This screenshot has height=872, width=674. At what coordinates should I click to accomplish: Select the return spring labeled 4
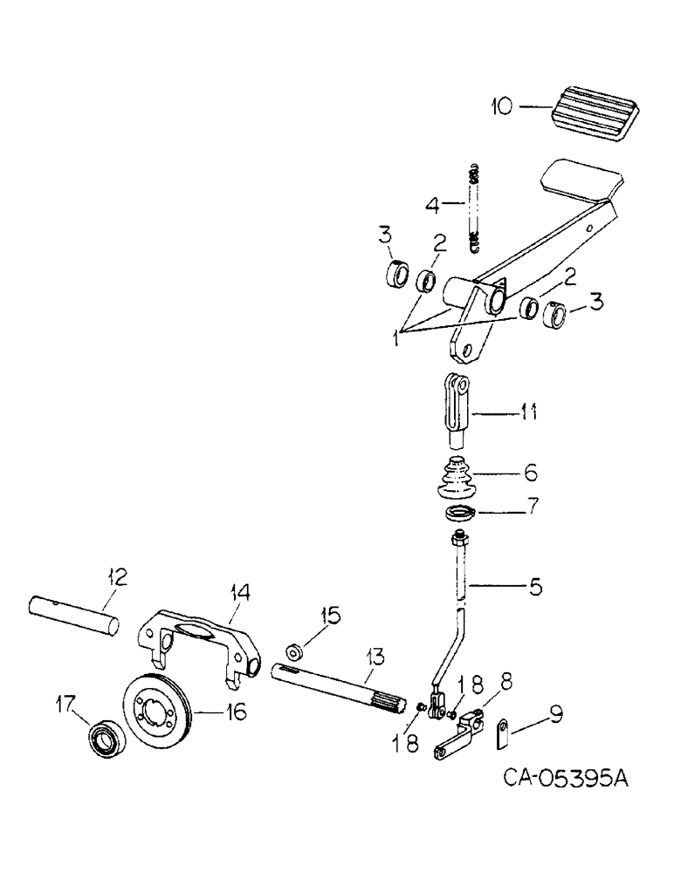point(476,208)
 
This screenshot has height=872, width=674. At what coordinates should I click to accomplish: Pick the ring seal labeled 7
point(459,514)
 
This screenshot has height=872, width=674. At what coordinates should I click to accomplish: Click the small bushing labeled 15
point(295,651)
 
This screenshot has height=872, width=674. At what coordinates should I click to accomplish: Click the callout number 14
point(240,592)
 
